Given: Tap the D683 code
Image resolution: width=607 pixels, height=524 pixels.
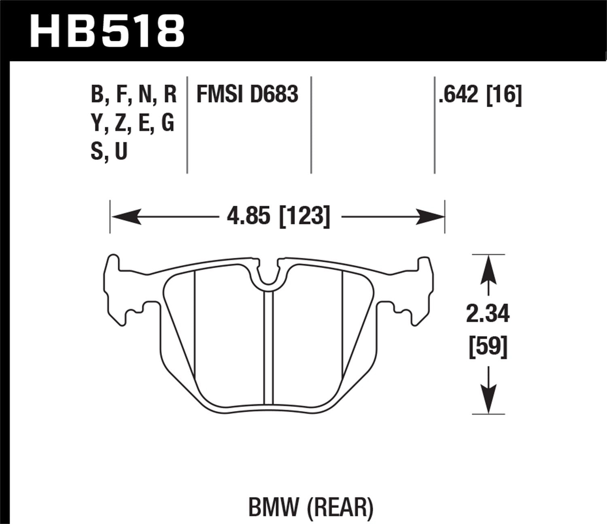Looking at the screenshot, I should tap(274, 94).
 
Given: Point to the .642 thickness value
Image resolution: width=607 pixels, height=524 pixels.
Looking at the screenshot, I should tap(458, 94).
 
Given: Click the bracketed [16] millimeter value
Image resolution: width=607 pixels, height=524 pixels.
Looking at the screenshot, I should tap(504, 94).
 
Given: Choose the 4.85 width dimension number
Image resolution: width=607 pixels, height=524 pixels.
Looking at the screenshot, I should tap(248, 216).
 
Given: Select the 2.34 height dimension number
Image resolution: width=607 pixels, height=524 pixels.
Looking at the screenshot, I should tap(488, 314).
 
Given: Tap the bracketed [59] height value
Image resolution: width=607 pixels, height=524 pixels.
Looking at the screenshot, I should tap(488, 347).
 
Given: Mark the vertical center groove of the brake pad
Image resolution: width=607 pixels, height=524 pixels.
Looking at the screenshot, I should tap(268, 348).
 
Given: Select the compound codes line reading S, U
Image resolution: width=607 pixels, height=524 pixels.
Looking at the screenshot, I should tap(109, 151).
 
